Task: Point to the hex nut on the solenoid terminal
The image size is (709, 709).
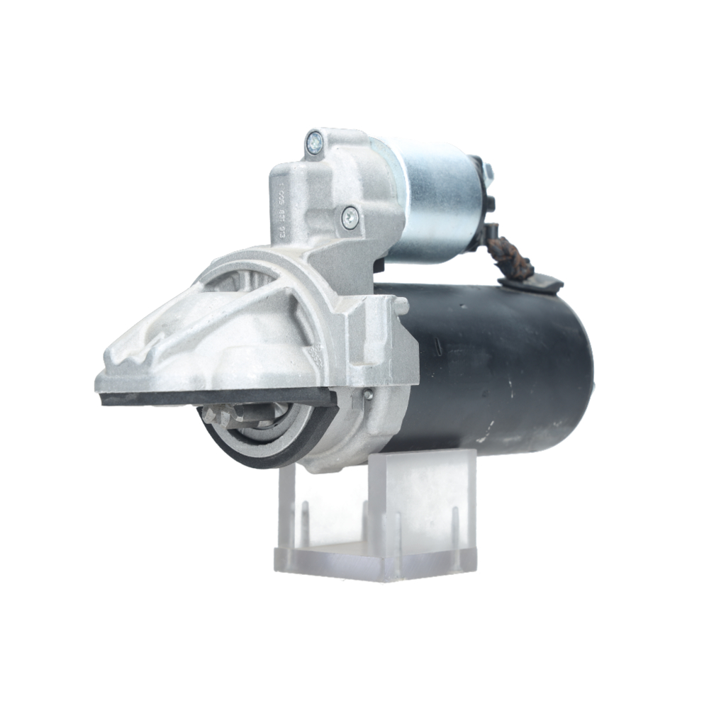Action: [489, 172]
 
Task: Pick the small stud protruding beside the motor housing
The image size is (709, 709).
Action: [401, 306]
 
